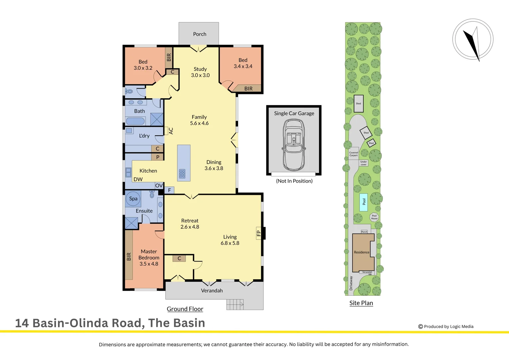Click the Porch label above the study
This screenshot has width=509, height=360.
coord(200,34)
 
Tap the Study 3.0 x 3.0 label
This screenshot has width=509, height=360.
coord(200,72)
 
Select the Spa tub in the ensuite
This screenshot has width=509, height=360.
coord(133,199)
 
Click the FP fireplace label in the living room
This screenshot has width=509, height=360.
coord(258,233)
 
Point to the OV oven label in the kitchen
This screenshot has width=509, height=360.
coord(159,186)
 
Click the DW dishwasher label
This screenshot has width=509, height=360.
coord(138,179)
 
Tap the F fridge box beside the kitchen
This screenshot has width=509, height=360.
coord(169,190)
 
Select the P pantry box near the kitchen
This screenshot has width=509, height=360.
coord(158,157)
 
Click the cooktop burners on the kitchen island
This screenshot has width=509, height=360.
coord(182,174)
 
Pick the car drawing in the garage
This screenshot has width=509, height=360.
coord(293,145)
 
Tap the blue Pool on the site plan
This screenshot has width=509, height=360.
coord(364,202)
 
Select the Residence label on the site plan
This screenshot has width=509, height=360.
coord(361,252)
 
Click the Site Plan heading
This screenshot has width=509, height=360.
coord(361,303)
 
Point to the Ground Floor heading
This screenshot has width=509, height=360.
coord(185,309)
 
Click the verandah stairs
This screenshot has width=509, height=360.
coord(235,304)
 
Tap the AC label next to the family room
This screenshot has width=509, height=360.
coord(171,131)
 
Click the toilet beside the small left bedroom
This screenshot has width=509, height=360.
coord(129,91)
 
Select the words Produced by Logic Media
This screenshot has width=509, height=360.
coord(448,327)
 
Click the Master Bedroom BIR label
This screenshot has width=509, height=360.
coord(129,256)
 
